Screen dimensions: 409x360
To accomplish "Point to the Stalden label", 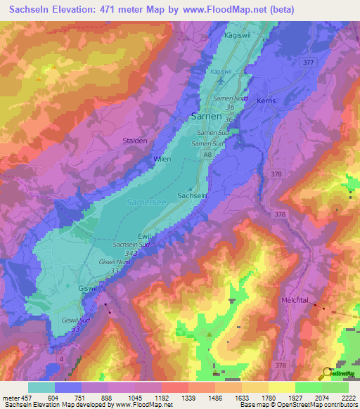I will pyautogui.click(x=135, y=141).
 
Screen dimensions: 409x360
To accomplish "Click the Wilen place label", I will pyautogui.click(x=162, y=160).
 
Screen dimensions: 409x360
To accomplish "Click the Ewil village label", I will pyautogui.click(x=145, y=236).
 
